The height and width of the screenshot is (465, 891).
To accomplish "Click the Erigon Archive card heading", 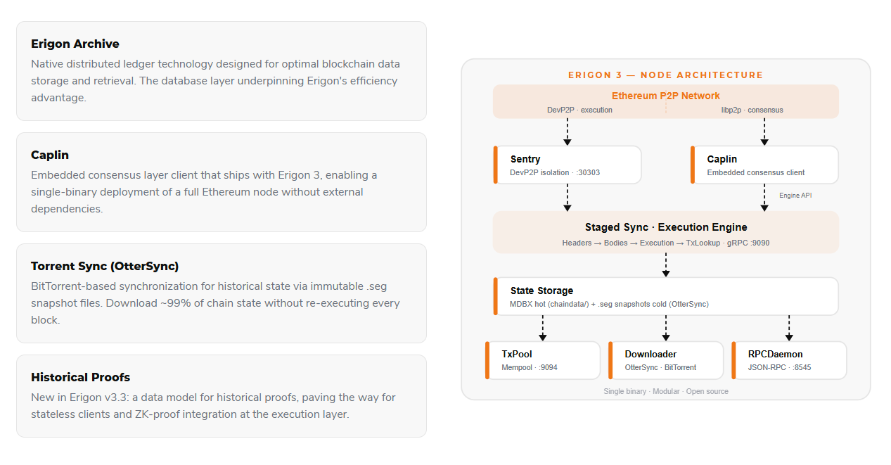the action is coord(75,44).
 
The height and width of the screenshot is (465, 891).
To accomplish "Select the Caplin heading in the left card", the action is coord(50,155).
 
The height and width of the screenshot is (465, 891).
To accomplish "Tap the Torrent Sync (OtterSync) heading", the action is coord(105,266).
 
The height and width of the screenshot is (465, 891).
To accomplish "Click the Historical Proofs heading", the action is coord(80,377).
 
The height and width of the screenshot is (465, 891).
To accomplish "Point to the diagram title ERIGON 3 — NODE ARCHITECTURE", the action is coord(665,75).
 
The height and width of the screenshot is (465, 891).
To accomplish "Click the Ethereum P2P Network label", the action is coord(665,96).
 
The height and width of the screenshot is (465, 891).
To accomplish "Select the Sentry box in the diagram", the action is coord(568,165).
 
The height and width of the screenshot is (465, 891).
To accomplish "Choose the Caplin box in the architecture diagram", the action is coord(764,165).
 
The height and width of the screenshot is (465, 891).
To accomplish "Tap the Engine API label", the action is coord(795,196).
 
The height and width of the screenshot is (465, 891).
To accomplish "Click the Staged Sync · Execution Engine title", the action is coord(666,227).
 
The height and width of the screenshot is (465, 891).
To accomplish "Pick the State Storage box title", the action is coord(541,291).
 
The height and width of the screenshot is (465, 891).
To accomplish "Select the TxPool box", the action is coord(543,360).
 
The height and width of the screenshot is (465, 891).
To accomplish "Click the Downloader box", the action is coord(666,360).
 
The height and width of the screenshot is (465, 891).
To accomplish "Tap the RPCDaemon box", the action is coord(789,360).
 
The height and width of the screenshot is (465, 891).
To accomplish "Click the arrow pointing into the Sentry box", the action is coord(568,132).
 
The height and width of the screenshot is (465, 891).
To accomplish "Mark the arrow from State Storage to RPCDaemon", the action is coord(789,328).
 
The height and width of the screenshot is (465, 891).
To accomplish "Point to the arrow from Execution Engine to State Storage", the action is coord(666,265).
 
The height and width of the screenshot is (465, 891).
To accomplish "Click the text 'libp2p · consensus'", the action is coord(752,110).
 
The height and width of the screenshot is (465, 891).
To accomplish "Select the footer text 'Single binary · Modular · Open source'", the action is coord(666,391).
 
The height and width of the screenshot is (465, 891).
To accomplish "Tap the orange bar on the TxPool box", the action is coord(487,360).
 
